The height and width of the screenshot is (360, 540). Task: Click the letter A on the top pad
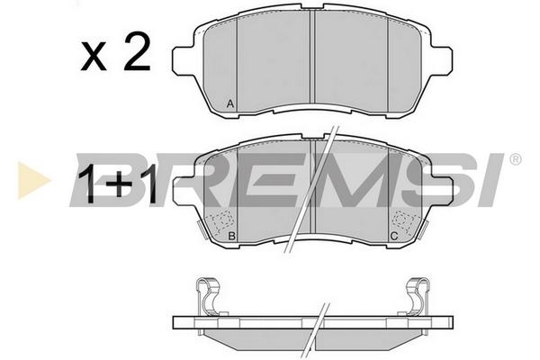coord(230,103)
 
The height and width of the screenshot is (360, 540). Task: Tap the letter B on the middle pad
coord(232,237)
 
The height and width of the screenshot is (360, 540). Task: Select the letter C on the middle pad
coord(394,237)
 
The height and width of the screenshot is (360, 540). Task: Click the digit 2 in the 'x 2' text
coord(137,51)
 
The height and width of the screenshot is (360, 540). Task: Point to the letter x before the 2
coord(94,58)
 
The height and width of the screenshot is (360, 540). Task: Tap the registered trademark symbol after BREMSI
coord(515,159)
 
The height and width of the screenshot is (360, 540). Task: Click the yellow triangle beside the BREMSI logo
coord(33,180)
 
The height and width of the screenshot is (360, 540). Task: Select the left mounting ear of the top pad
coord(184,60)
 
